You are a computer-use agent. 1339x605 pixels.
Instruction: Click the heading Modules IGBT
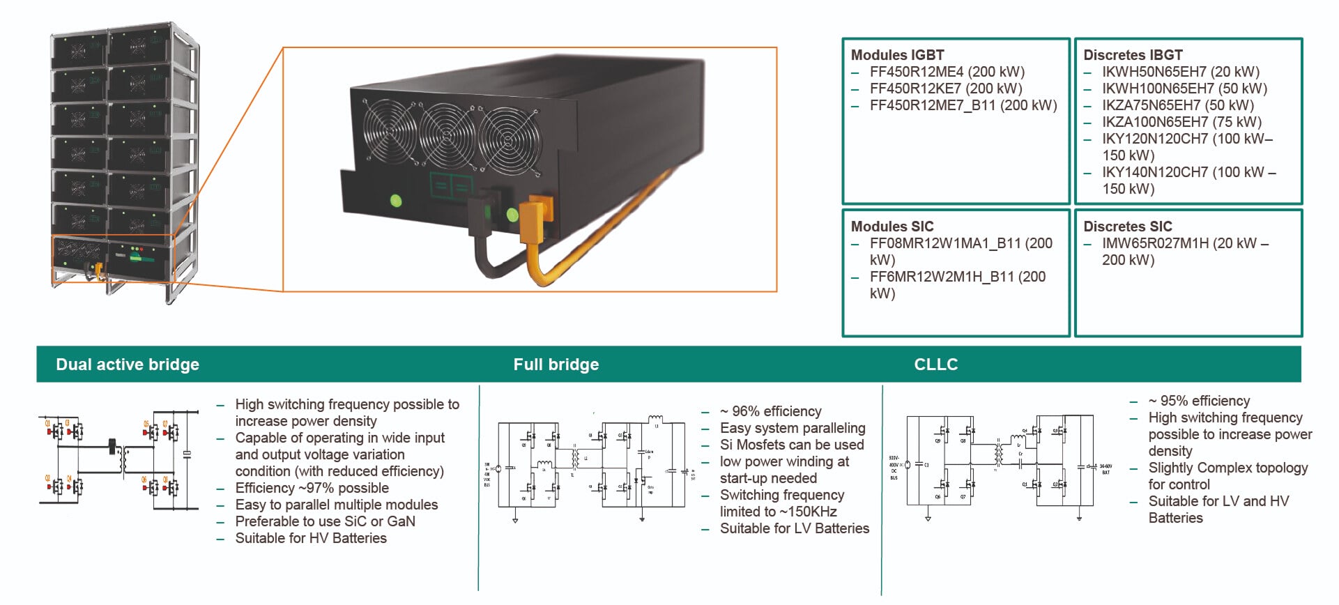click(x=897, y=55)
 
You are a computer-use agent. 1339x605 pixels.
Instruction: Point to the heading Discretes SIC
click(x=1127, y=227)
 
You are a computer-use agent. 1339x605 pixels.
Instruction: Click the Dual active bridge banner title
click(x=128, y=365)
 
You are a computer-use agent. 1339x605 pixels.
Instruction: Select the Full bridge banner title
click(x=556, y=365)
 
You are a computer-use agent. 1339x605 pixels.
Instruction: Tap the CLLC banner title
click(x=935, y=365)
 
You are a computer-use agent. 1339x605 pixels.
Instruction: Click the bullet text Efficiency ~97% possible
click(x=312, y=488)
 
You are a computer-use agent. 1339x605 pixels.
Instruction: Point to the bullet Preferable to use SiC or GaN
click(x=325, y=521)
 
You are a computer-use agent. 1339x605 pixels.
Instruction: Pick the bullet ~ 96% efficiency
click(x=770, y=411)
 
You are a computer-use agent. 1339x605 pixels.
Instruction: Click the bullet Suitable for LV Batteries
click(x=794, y=528)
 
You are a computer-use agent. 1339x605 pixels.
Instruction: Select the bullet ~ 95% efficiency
click(x=1199, y=401)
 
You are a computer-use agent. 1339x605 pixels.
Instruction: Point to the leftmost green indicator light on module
click(x=396, y=201)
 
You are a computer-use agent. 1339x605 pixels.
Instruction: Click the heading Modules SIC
click(x=892, y=227)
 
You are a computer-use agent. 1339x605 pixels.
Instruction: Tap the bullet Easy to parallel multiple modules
click(x=336, y=505)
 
